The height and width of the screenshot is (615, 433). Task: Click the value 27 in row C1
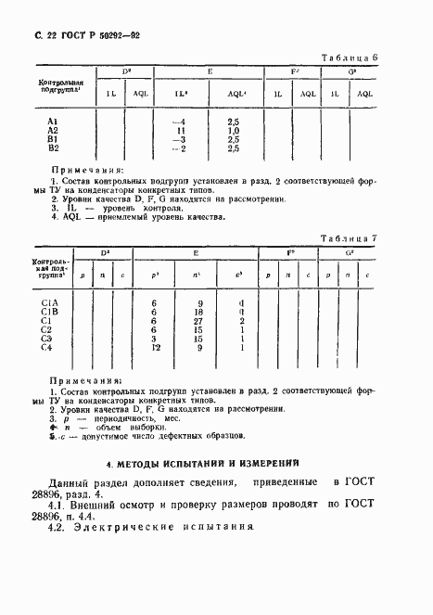[x=198, y=321]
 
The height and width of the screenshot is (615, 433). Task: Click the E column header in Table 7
[x=197, y=252]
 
